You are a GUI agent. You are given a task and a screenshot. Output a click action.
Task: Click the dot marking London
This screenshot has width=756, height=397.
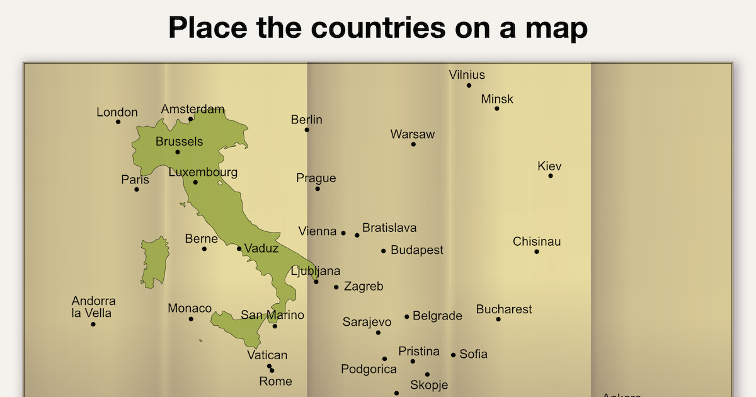click(118, 122)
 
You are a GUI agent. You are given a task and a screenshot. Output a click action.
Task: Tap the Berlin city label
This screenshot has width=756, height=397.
click(307, 119)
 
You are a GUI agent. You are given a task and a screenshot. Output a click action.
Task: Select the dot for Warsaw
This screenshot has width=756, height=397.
click(413, 144)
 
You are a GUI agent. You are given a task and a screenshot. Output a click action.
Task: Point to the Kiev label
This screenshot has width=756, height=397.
click(549, 166)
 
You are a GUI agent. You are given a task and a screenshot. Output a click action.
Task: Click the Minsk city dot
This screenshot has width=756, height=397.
click(496, 108)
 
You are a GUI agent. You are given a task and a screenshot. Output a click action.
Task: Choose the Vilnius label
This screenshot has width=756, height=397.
click(467, 75)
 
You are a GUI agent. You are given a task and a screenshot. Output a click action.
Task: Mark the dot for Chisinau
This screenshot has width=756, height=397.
click(537, 252)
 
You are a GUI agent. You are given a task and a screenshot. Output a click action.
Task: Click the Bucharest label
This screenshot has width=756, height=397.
click(504, 309)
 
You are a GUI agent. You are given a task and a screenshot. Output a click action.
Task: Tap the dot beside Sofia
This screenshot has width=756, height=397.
click(453, 355)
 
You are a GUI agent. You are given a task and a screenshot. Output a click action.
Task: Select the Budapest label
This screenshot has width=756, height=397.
click(417, 250)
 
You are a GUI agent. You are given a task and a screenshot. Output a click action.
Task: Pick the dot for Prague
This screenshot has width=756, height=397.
click(318, 188)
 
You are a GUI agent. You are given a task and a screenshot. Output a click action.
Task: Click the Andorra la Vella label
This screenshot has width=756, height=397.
click(93, 307)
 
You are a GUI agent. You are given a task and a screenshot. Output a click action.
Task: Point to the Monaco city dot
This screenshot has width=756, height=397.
click(191, 319)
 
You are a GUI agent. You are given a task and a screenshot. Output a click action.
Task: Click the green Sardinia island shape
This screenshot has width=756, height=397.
click(154, 262)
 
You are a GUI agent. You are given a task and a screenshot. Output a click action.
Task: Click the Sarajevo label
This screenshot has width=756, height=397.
click(367, 322)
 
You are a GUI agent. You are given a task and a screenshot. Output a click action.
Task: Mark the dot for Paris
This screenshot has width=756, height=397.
click(136, 190)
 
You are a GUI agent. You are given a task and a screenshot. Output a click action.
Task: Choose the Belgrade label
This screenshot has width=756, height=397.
click(437, 316)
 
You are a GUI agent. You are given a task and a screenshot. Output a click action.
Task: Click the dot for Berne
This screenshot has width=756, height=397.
click(204, 249)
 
